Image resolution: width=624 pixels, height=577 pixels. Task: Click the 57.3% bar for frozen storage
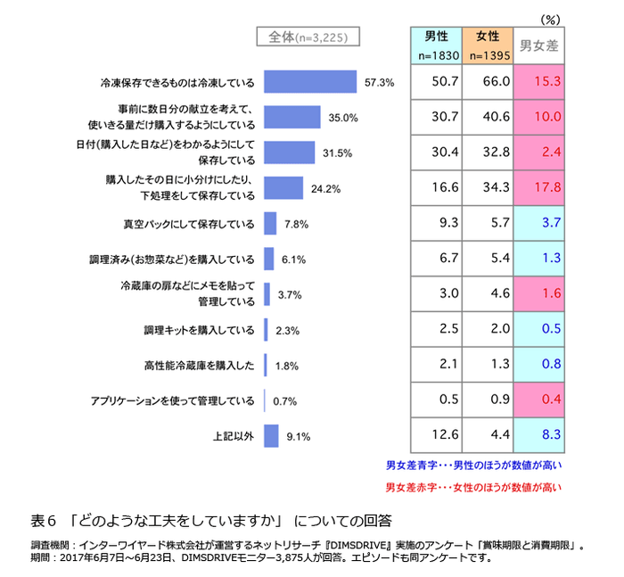(310, 83)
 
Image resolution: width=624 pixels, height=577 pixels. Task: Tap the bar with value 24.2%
(283, 187)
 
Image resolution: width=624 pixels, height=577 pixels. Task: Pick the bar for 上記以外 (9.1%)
(271, 436)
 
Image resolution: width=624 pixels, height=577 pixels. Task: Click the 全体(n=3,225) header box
(308, 37)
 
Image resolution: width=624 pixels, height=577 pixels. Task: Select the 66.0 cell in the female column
(487, 83)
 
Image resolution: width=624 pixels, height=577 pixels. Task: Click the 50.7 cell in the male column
(435, 83)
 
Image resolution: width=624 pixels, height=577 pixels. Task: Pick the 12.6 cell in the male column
(435, 436)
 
